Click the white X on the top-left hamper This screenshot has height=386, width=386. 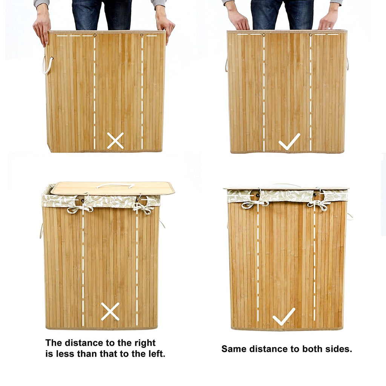click(115, 141)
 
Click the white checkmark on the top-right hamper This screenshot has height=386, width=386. click(289, 142)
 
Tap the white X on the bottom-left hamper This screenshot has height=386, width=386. click(110, 311)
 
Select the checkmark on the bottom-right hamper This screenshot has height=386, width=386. click(284, 316)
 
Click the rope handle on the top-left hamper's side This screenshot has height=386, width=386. click(47, 66)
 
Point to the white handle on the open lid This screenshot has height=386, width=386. click(115, 185)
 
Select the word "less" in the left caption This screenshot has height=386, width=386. click(65, 354)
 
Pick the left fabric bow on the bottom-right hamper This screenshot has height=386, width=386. click(254, 204)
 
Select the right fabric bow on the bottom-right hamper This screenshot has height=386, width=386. click(319, 205)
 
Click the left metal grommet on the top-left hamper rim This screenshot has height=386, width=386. click(95, 35)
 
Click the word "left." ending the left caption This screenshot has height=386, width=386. click(157, 354)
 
